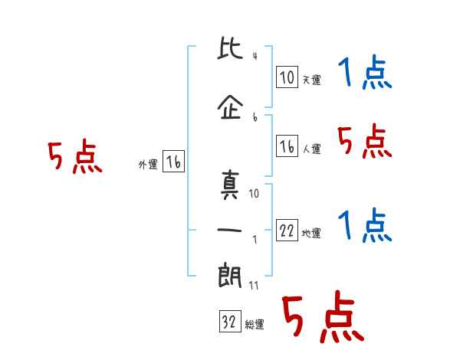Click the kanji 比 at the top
click(230, 47)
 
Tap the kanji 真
click(230, 185)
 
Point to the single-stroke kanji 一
click(229, 230)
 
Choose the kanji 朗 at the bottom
click(230, 275)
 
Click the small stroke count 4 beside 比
click(255, 56)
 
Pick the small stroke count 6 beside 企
click(255, 117)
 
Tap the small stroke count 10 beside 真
click(254, 194)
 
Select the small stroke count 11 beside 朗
click(254, 286)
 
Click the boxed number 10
click(287, 77)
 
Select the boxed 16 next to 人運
click(287, 146)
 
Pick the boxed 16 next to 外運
click(173, 162)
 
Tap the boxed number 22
click(287, 231)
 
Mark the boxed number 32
click(230, 322)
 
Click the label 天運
click(312, 80)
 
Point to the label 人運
click(312, 149)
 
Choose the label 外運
click(148, 165)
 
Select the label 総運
click(255, 325)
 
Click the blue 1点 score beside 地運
click(365, 225)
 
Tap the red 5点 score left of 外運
click(75, 156)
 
